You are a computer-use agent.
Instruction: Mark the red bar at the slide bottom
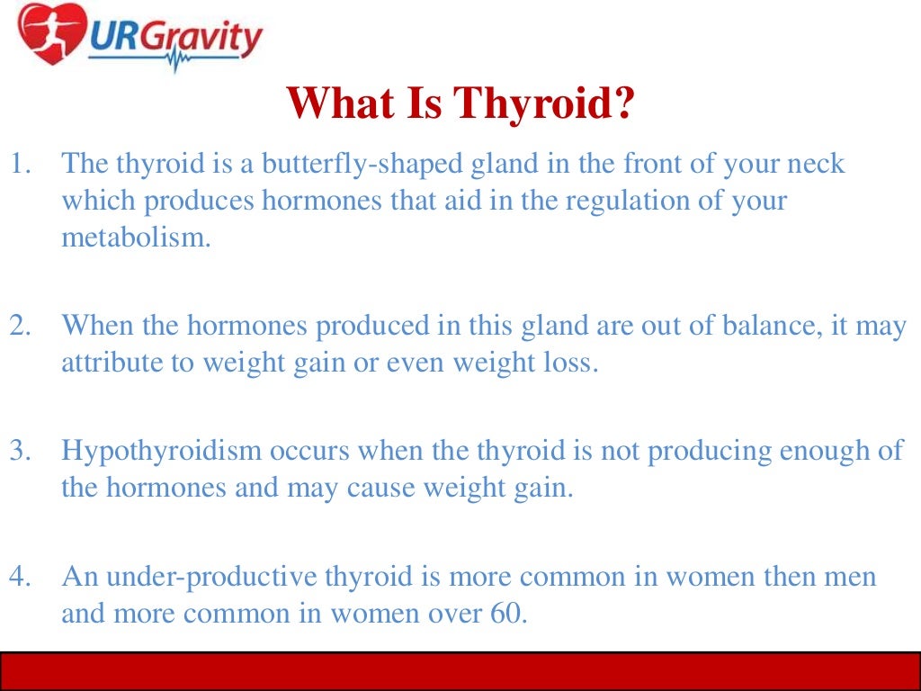(460, 670)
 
